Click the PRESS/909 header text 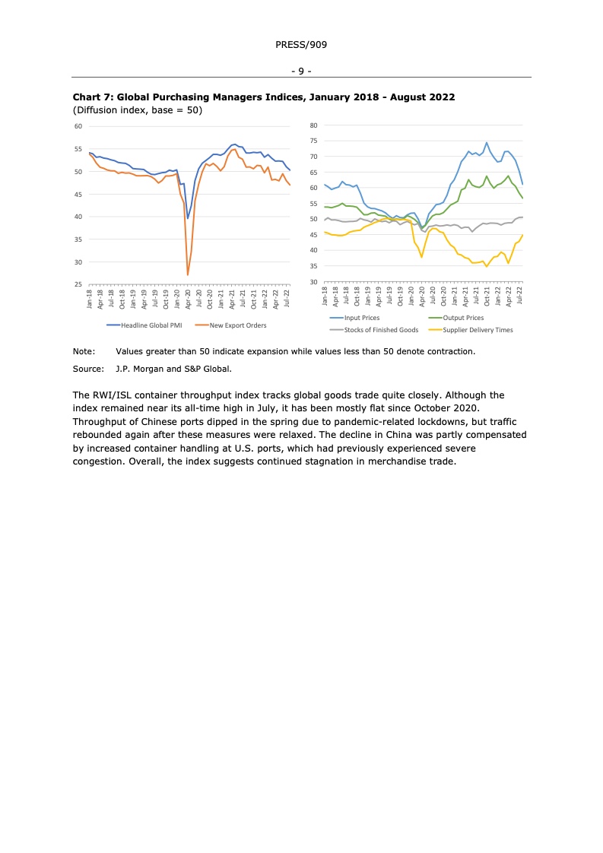click(301, 45)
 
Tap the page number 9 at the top click(301, 71)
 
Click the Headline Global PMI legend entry click(151, 325)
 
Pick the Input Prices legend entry click(361, 318)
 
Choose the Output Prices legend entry click(462, 318)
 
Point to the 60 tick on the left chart click(78, 126)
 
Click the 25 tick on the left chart click(78, 285)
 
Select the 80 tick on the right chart click(313, 125)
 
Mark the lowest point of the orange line click(188, 274)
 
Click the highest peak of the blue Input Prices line click(487, 142)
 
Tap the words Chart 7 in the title click(93, 97)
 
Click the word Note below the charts click(83, 351)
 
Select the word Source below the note click(87, 369)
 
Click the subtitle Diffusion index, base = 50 click(137, 110)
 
